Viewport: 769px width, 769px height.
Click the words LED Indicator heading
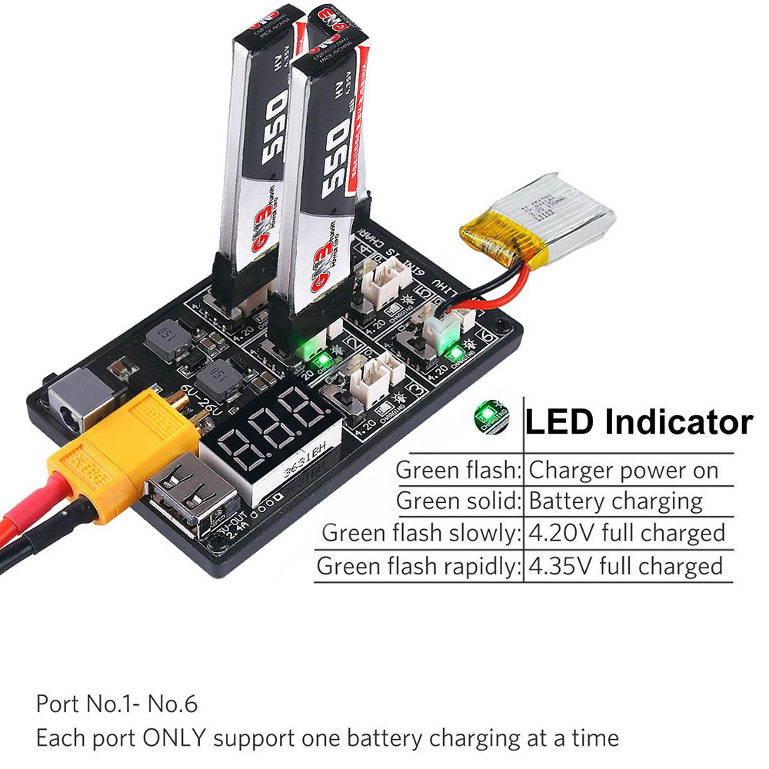click(638, 421)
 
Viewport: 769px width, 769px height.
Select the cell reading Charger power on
click(624, 470)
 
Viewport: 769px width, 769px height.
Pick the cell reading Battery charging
click(615, 501)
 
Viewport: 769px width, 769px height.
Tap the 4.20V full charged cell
click(627, 533)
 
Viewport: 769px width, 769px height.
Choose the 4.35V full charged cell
click(626, 567)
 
